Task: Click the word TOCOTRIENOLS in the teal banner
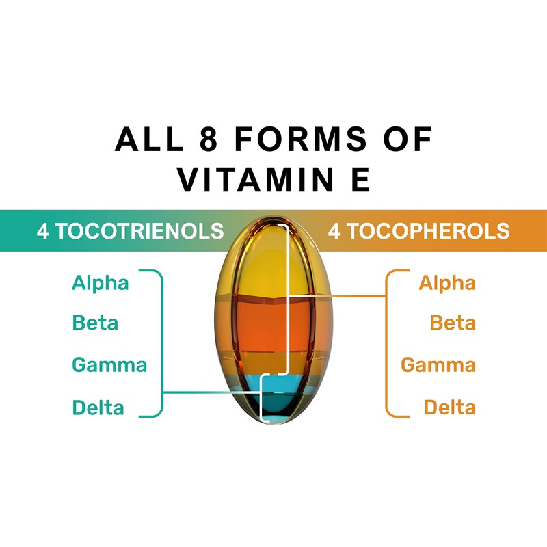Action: coord(139,231)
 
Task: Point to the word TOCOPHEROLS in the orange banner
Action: coord(427,231)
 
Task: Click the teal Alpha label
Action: coord(101,282)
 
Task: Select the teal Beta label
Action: coord(95,322)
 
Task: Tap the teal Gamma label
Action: coord(109,364)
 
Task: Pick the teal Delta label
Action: coord(98,408)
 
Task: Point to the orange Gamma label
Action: coord(438,364)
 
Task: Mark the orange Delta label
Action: coord(449,408)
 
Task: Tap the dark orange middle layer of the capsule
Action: coord(273,328)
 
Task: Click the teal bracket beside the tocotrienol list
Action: coord(161,342)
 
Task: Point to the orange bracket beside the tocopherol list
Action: coord(387,342)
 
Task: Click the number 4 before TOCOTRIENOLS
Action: coord(42,231)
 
